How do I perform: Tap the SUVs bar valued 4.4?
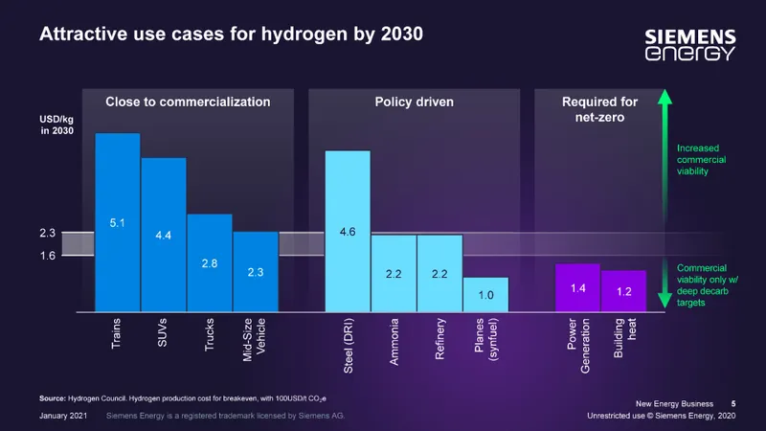pyautogui.click(x=164, y=235)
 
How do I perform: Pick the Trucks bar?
pyautogui.click(x=209, y=262)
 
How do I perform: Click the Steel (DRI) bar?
pyautogui.click(x=348, y=231)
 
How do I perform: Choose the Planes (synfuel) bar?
pyautogui.click(x=485, y=294)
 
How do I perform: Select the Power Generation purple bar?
pyautogui.click(x=578, y=287)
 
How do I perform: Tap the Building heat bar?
pyautogui.click(x=623, y=291)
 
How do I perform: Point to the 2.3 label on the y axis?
pyautogui.click(x=47, y=233)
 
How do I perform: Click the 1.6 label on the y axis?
pyautogui.click(x=47, y=257)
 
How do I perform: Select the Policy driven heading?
pyautogui.click(x=414, y=101)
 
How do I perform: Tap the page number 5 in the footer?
pyautogui.click(x=733, y=402)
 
